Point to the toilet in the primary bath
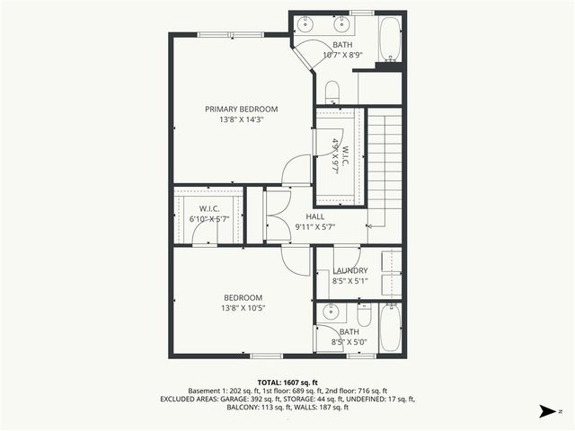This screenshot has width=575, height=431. point(332,90)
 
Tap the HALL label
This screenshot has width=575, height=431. point(314,216)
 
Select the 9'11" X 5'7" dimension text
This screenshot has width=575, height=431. point(314,227)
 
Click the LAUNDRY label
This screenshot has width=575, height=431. point(349,270)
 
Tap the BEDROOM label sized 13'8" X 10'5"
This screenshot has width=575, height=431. point(243,297)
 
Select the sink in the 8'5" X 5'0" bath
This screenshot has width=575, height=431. point(329,315)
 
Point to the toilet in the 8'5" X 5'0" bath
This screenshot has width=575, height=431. point(363,316)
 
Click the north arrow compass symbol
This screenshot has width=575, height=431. point(546,412)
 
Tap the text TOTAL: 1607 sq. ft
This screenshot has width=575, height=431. point(287,381)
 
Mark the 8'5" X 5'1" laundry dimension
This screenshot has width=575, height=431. point(349,280)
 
